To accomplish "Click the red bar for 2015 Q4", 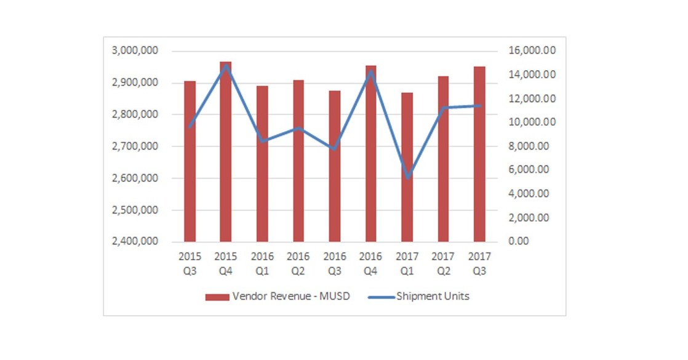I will (226, 154).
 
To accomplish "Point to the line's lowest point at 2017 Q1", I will (407, 178).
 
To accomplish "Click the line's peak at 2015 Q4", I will (226, 66).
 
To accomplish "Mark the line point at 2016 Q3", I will (334, 148).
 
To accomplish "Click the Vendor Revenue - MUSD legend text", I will (292, 297).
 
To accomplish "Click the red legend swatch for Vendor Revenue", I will (217, 297).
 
